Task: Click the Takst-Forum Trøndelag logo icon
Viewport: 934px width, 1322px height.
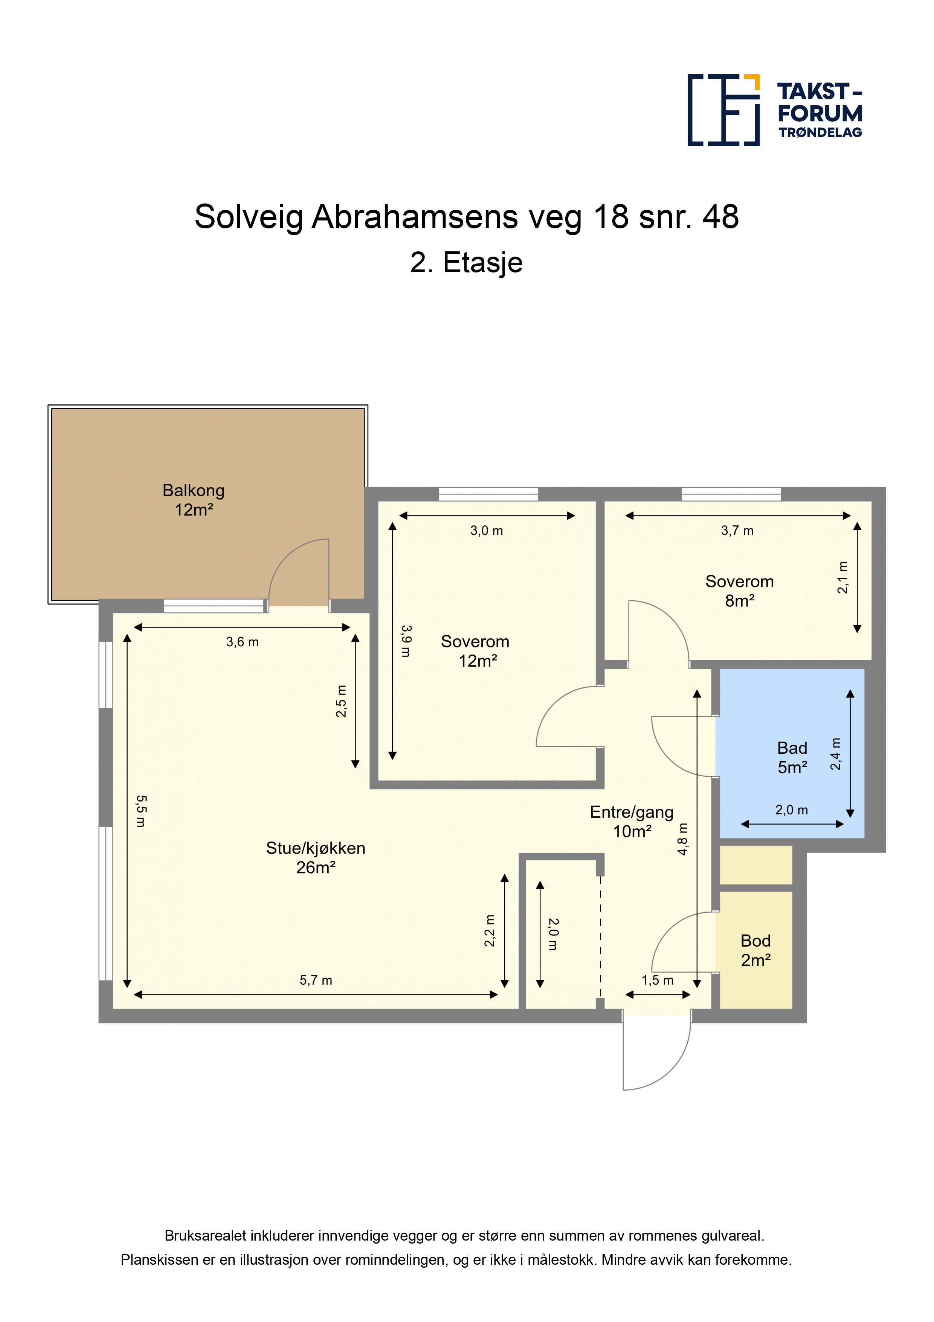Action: click(723, 110)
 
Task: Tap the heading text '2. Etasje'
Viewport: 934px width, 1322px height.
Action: click(466, 263)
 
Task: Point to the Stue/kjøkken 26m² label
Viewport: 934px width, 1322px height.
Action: click(315, 857)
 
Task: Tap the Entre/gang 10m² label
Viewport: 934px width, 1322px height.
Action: click(632, 822)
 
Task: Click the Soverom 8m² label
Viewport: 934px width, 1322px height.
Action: click(740, 591)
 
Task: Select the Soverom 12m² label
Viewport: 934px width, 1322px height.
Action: click(475, 650)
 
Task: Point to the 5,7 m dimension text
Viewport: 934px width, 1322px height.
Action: click(316, 980)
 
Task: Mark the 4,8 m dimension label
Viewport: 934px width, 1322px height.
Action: click(682, 839)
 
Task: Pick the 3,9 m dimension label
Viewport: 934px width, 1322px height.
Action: click(406, 641)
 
